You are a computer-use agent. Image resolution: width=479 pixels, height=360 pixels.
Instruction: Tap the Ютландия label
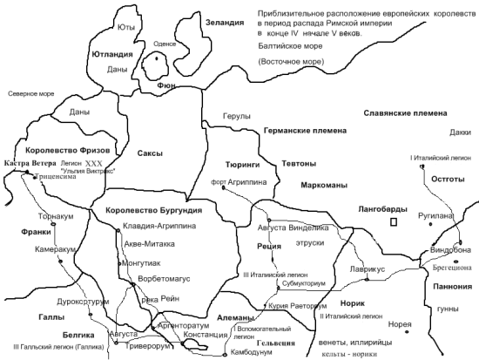[x=112, y=53]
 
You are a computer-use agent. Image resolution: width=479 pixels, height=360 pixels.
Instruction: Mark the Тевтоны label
[x=299, y=164]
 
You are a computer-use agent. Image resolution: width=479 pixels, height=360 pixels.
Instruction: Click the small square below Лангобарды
[x=395, y=223]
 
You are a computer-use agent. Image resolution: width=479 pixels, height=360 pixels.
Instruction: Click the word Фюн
[x=167, y=86]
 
